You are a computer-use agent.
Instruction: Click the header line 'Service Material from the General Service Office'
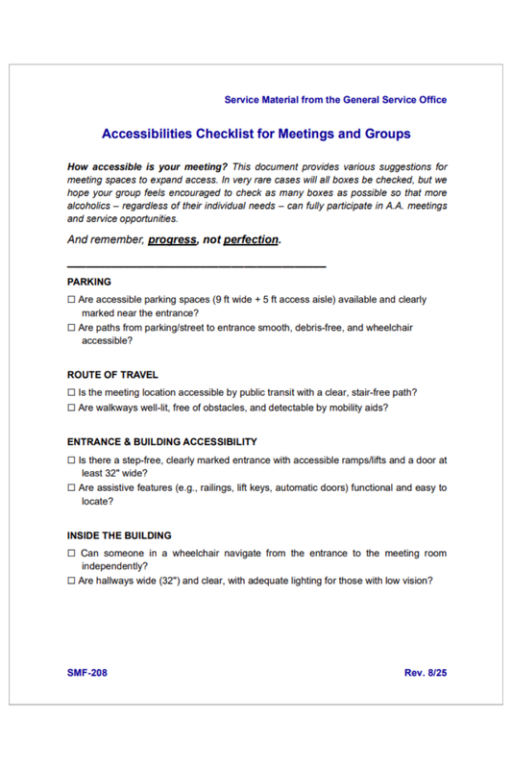pos(334,100)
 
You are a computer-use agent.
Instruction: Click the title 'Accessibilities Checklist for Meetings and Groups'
pos(256,134)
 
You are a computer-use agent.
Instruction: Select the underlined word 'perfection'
pos(250,239)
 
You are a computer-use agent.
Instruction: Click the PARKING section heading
pos(89,283)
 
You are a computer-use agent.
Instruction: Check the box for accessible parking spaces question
pos(72,300)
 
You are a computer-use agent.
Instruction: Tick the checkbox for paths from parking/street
pos(72,328)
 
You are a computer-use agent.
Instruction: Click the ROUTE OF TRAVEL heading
pos(112,374)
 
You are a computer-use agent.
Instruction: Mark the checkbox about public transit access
pos(72,392)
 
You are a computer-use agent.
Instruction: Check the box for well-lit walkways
pos(72,408)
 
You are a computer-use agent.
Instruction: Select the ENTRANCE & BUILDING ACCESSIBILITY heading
pos(161,442)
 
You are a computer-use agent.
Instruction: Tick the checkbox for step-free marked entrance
pos(72,460)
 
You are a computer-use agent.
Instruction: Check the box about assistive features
pos(72,488)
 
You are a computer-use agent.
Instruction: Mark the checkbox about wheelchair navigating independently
pos(72,553)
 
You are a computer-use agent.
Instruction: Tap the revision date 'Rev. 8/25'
pos(425,672)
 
